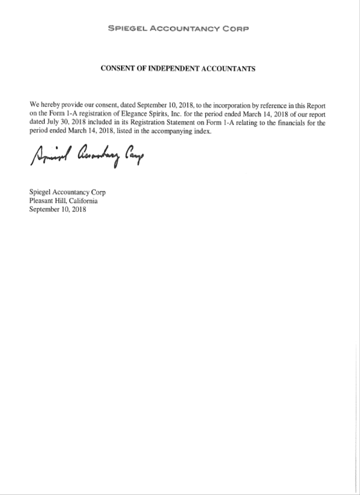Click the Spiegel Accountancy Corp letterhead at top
(x=179, y=28)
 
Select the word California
(x=83, y=201)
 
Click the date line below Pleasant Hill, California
(x=58, y=209)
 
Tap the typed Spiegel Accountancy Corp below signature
(x=67, y=193)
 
